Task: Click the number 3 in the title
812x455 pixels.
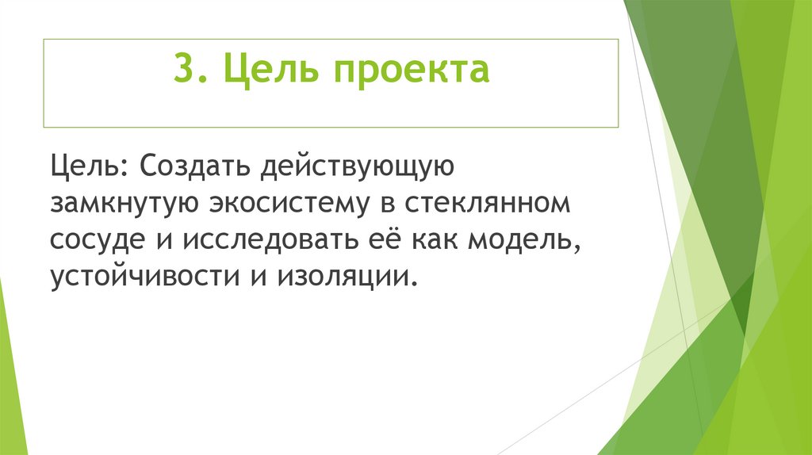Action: [x=182, y=70]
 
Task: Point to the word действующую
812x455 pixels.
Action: [x=353, y=166]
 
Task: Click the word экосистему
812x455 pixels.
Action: [x=292, y=204]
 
